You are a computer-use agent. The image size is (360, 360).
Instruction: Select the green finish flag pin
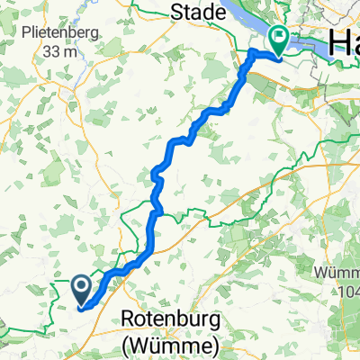point(278,40)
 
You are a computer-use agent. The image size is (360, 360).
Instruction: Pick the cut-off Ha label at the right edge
point(346,40)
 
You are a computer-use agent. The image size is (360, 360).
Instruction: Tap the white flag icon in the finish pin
point(278,38)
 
